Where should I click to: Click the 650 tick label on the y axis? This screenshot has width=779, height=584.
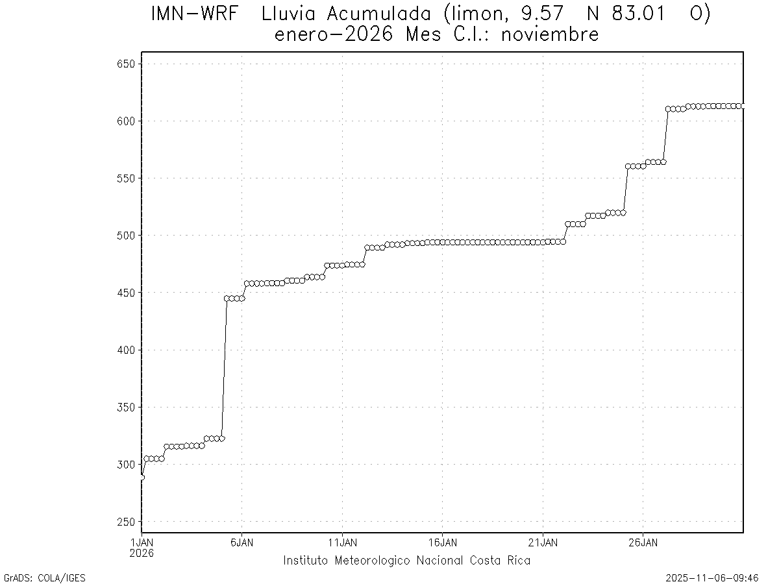pos(125,64)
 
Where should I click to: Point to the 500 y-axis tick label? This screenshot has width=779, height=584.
pos(125,236)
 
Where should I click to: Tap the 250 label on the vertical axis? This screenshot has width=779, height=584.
pos(125,522)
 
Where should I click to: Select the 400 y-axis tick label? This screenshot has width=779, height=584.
pos(125,350)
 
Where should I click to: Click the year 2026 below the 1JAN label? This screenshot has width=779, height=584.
pos(142,553)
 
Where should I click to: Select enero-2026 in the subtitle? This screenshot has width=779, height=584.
pos(334,34)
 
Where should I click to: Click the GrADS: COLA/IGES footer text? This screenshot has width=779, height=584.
pos(45,578)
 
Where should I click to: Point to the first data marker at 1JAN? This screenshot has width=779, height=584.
pos(142,477)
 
